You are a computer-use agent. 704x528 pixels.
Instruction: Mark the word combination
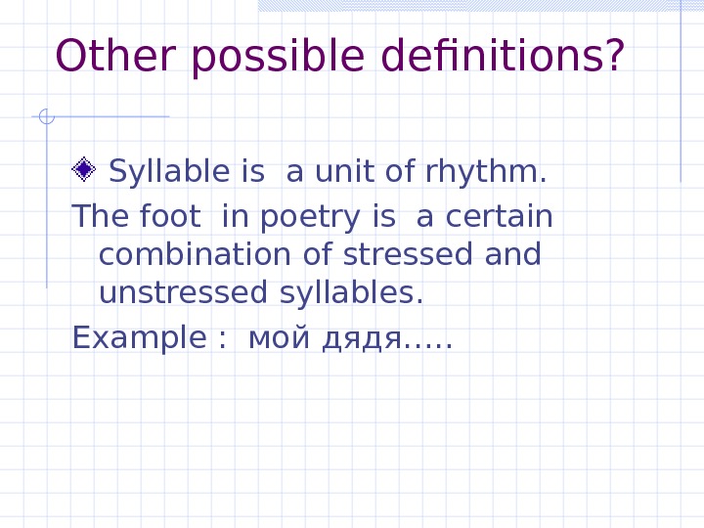(194, 254)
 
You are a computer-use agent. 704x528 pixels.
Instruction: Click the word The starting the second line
(94, 214)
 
